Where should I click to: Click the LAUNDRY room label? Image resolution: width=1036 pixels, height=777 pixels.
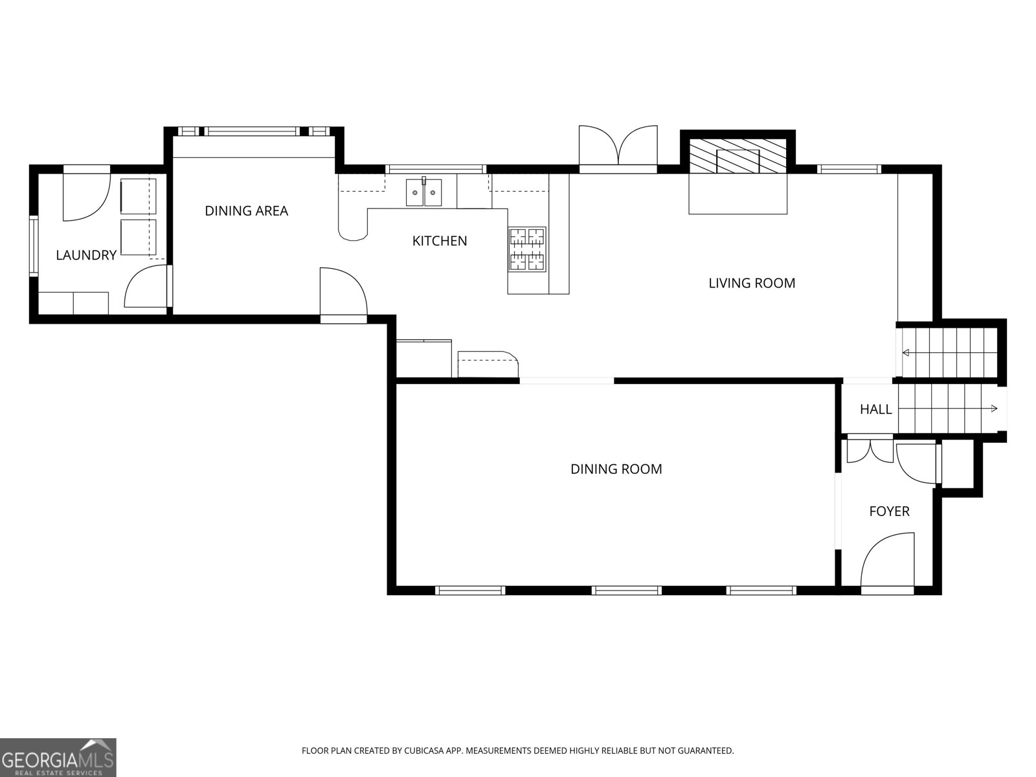pos(85,255)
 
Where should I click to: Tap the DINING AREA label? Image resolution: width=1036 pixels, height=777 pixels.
pos(246,210)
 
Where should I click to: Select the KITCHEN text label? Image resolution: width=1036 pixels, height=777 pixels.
pos(440,241)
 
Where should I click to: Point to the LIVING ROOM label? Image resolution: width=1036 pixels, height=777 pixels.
pos(751,283)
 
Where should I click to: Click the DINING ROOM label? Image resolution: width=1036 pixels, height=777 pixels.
pos(616,469)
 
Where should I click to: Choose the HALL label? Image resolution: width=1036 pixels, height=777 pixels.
pos(875,409)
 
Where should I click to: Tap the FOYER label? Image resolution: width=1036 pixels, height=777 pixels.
pos(888,512)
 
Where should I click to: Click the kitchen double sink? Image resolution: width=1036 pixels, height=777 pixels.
pos(424,192)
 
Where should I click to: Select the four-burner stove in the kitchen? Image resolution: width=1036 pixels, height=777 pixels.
pos(526,249)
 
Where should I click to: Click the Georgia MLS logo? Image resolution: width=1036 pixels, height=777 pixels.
pos(58,757)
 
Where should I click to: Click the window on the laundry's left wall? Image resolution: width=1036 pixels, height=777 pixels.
pos(34,246)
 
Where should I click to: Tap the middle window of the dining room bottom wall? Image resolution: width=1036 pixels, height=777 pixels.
pos(626,590)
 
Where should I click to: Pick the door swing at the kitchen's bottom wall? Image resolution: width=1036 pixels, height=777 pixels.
pos(343,293)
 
